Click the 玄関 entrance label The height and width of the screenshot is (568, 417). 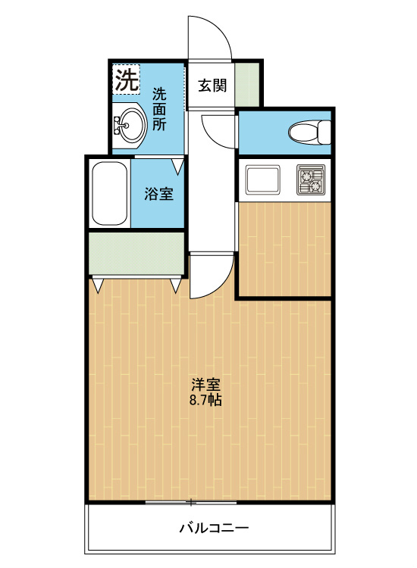pos(213,85)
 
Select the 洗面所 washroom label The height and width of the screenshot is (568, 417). pos(159,109)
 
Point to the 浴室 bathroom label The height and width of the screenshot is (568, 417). pos(159,194)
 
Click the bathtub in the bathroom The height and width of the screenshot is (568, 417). pos(109,193)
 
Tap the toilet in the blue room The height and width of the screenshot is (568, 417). pos(309,133)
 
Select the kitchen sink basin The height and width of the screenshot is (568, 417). pos(262,179)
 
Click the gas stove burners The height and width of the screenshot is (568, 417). pos(310,179)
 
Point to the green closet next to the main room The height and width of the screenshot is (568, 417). pos(136,253)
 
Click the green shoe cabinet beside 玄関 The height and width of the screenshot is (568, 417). pos(247,83)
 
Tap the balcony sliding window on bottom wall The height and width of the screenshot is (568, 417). pos(190,502)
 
